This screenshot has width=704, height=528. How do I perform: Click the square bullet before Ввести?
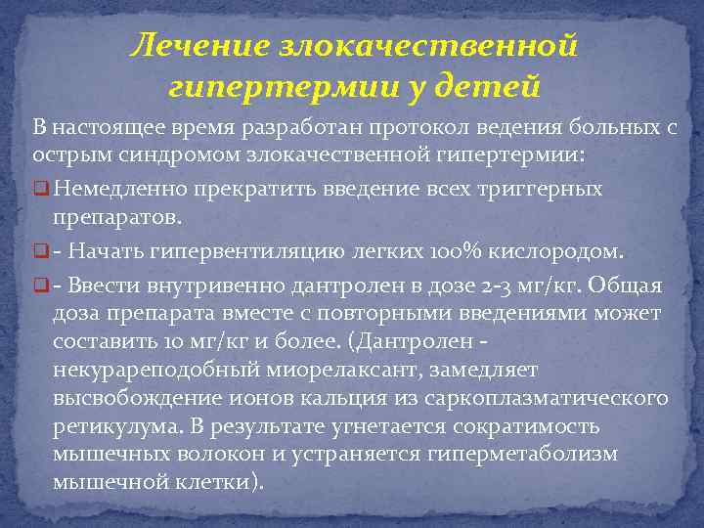click(40, 285)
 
